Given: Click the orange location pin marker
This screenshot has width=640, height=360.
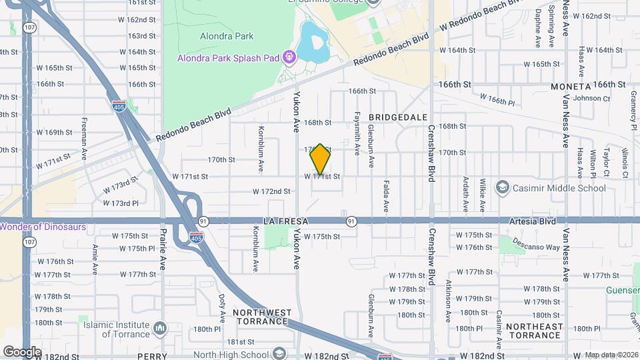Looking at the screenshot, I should [321, 159].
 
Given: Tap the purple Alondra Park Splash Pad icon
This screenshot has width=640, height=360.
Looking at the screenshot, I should [289, 57].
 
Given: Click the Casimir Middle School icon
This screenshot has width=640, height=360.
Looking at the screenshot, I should [502, 188].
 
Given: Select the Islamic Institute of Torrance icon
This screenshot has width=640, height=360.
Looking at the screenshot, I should [160, 328].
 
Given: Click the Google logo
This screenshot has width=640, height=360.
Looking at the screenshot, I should [22, 351].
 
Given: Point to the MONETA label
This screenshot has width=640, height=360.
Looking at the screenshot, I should [571, 87].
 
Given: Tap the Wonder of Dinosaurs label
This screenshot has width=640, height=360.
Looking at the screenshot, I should [43, 227].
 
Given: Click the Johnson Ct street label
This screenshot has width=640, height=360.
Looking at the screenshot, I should [587, 98].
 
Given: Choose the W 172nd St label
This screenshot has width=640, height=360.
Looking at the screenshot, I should [271, 191].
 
